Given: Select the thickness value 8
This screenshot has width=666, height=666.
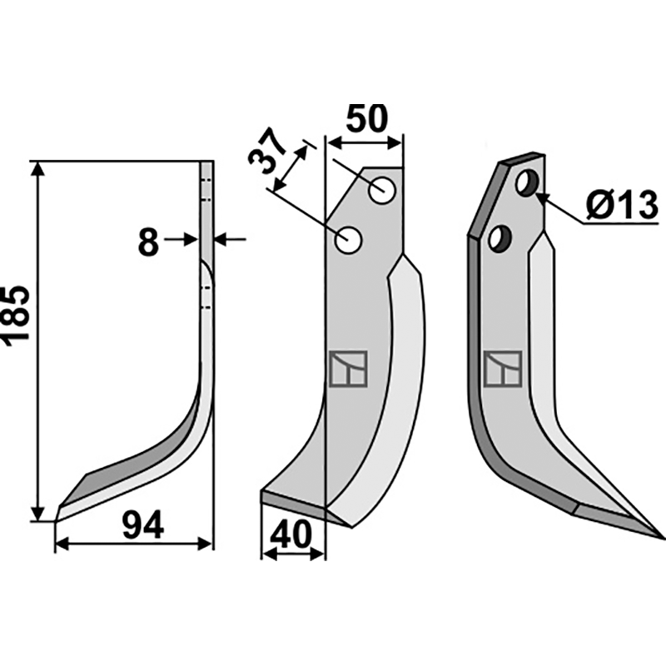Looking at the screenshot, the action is (148, 242).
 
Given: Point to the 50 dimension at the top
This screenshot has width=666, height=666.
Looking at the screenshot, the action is (367, 118).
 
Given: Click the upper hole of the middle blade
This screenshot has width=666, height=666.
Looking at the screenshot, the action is (383, 191).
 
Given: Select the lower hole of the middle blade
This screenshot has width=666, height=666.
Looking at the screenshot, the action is (348, 241).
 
